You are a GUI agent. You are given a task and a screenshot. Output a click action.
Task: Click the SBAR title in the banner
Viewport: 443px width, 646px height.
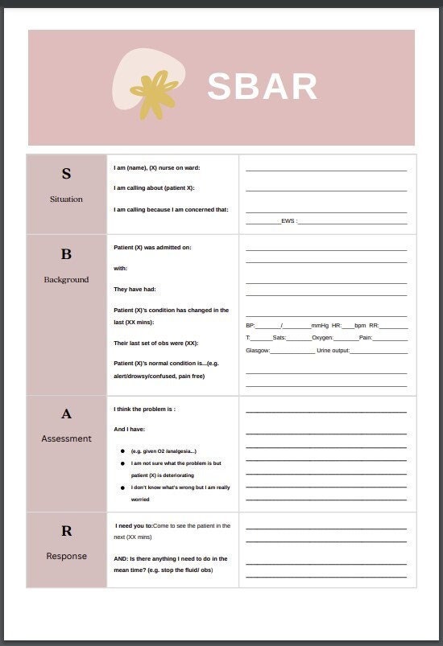[262, 87]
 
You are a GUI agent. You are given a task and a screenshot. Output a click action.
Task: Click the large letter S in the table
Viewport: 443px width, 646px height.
[66, 174]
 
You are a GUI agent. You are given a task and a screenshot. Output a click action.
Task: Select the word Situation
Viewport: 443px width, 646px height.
[66, 199]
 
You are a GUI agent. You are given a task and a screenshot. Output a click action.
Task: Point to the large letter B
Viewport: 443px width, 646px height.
[66, 254]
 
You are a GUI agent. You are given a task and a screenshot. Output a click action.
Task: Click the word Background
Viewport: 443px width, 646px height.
[66, 279]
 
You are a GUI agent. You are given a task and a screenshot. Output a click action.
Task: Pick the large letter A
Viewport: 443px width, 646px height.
[66, 414]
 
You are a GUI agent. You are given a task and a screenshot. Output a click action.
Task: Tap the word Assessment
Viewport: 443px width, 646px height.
[66, 438]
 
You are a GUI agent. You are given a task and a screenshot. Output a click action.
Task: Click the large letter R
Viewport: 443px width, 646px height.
[66, 531]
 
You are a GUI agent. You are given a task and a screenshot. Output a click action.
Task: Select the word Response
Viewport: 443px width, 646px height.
[66, 556]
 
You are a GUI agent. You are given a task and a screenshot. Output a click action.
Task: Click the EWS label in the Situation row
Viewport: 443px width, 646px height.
[288, 220]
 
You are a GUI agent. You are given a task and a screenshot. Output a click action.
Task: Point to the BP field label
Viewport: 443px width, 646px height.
[250, 325]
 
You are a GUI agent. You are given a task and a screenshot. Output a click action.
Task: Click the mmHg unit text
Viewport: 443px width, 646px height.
[320, 325]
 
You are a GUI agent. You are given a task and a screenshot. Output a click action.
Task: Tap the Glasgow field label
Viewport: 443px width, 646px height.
[258, 350]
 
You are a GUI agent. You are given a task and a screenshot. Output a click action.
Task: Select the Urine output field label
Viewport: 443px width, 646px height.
[333, 350]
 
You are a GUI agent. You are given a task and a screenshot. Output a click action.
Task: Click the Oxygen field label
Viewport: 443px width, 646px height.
[322, 338]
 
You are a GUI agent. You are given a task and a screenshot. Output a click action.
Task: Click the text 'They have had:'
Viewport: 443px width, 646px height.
[135, 289]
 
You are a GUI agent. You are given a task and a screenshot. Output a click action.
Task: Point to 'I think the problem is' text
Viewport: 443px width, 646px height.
[144, 409]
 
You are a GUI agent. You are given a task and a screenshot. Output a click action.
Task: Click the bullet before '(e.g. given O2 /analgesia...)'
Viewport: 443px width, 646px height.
[122, 451]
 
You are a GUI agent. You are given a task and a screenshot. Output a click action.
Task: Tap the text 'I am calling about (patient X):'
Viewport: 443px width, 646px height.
[154, 188]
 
